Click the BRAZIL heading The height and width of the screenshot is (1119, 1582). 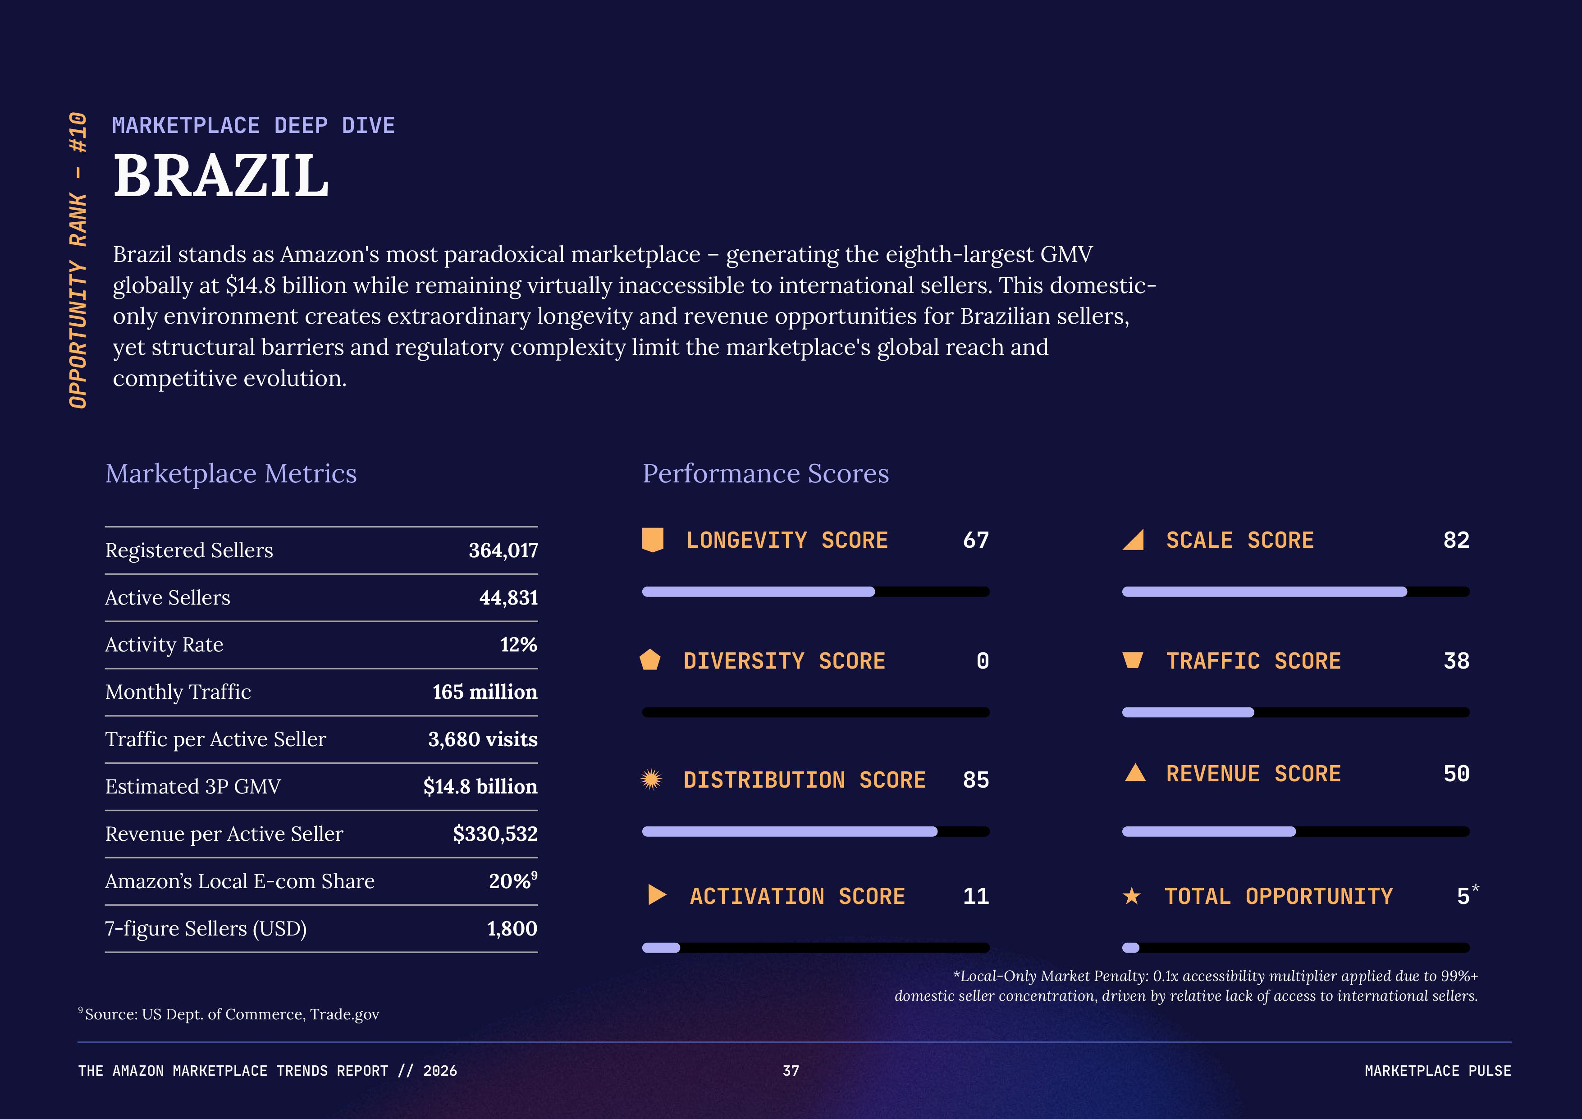click(220, 176)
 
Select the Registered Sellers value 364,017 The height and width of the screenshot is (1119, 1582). click(503, 550)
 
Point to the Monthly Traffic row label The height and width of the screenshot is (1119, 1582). click(178, 692)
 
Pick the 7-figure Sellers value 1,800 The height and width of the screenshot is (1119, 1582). click(512, 929)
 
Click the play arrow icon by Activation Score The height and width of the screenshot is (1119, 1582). click(657, 895)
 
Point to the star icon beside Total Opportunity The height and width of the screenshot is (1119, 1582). click(1131, 896)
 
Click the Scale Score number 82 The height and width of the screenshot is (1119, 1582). click(1456, 540)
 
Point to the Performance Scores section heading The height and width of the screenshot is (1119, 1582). click(765, 474)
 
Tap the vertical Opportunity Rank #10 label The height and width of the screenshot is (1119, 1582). click(78, 261)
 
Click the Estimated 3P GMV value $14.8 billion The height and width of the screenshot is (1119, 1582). click(480, 787)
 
